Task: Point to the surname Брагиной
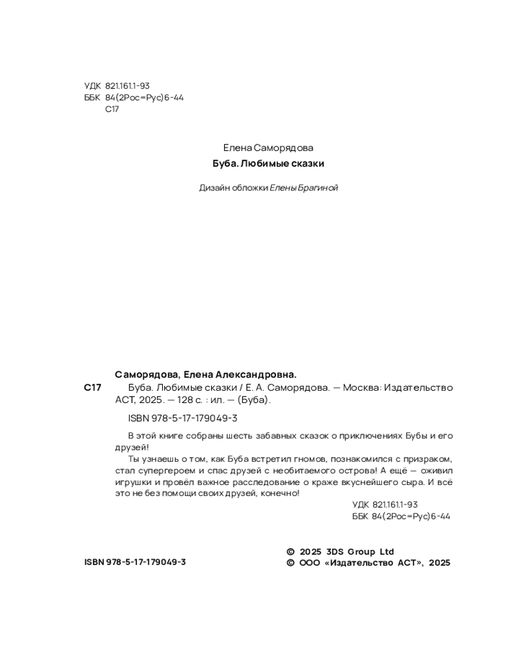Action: click(319, 189)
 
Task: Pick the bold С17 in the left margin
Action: click(92, 388)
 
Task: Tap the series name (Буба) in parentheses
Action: click(253, 401)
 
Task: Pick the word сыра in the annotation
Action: click(406, 482)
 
